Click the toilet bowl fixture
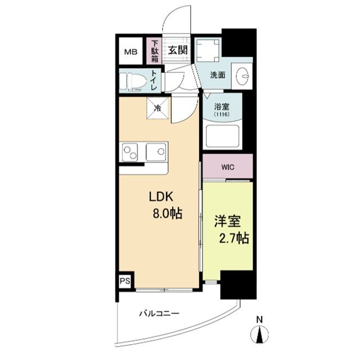coord(133,80)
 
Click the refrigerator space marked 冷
coord(158,107)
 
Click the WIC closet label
coord(228,167)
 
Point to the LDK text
coord(163,197)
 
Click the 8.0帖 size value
coord(168,214)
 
